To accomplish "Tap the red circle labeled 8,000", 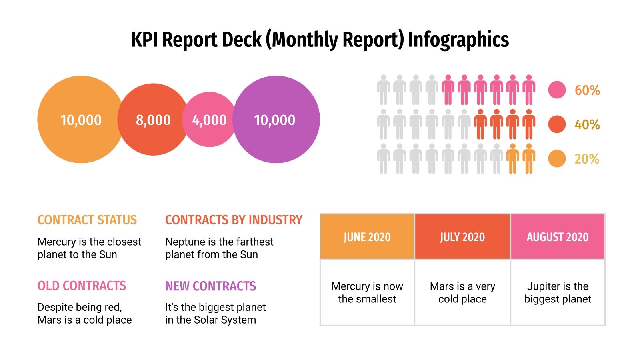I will [x=153, y=120].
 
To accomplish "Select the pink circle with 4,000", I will [x=209, y=120].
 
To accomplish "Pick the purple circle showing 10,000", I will [x=276, y=120].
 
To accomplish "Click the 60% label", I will [x=587, y=90].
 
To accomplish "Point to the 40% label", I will [x=587, y=125].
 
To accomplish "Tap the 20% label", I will [x=587, y=159].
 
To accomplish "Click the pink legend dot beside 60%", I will [x=557, y=90].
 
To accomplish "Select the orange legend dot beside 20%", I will [x=557, y=159].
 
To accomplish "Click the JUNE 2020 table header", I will [x=367, y=237].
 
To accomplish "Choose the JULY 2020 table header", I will [x=462, y=237].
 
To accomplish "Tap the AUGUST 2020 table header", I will [x=558, y=237].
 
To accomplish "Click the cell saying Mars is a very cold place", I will [x=462, y=292].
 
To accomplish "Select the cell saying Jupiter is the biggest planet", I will [x=558, y=292].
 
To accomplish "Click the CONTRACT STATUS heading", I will [x=87, y=220].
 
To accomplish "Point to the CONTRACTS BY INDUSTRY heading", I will [x=234, y=220].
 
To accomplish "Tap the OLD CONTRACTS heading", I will [x=82, y=286].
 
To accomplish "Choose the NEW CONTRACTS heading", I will [x=210, y=286].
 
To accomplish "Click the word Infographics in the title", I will [x=458, y=40].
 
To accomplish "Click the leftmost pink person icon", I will [x=448, y=90].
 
